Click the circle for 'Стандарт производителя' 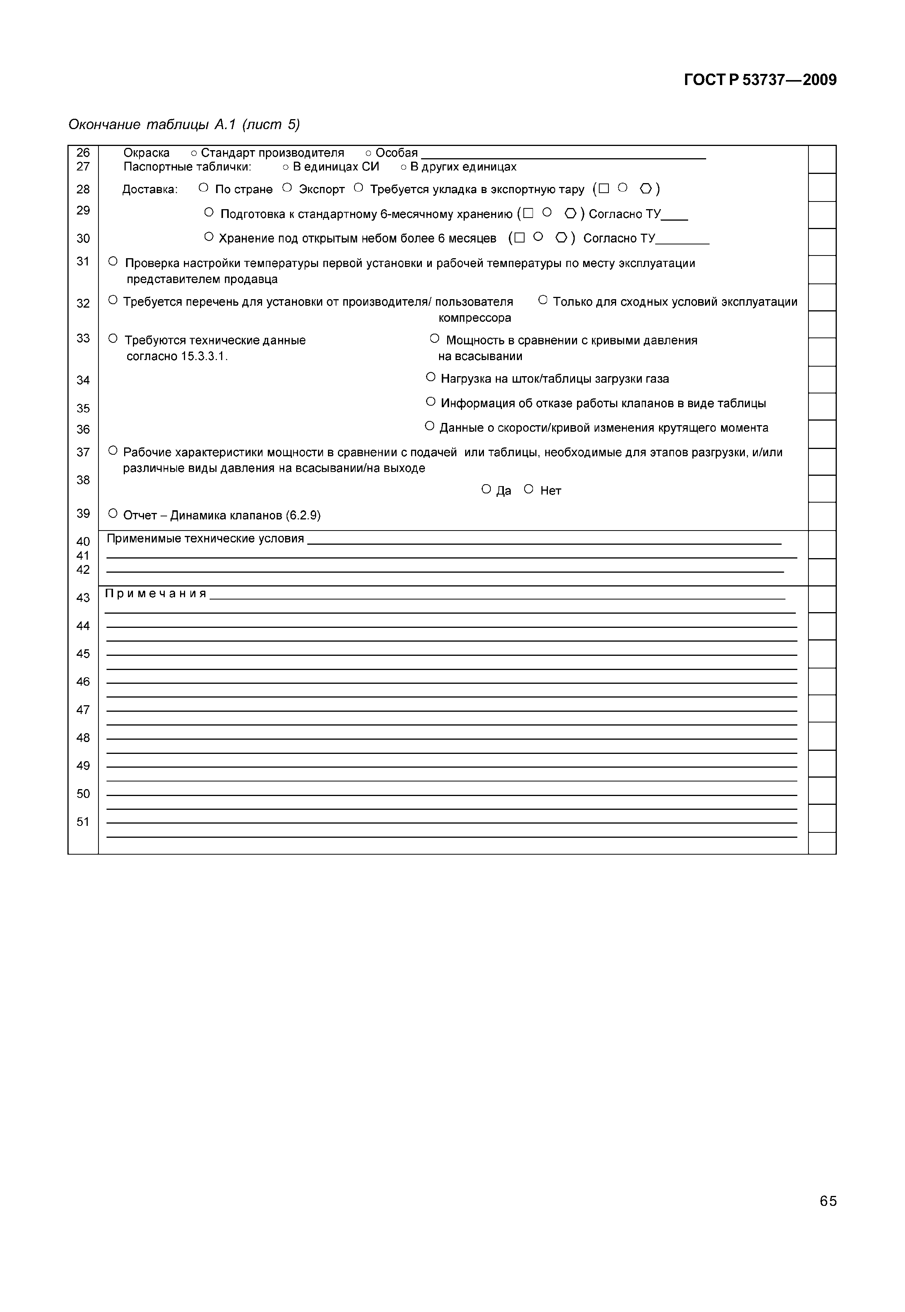click(x=194, y=154)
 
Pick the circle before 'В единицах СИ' click(x=286, y=167)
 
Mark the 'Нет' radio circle click(x=528, y=489)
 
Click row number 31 click(x=84, y=261)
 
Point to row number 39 click(x=84, y=514)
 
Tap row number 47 click(x=84, y=710)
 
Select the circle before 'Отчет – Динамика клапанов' click(x=113, y=514)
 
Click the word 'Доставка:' click(x=150, y=189)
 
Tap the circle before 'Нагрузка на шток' click(x=430, y=377)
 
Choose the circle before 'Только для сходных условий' click(x=543, y=300)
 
